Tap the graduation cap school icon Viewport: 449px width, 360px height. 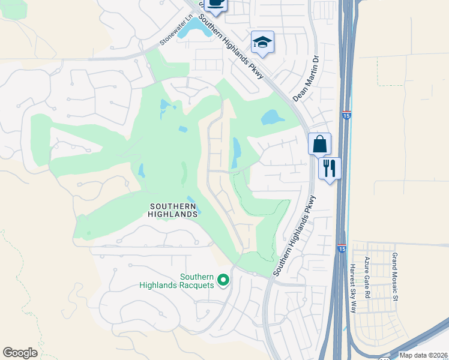(x=262, y=41)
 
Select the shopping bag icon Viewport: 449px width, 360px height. (x=320, y=144)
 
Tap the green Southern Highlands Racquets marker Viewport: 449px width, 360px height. (x=223, y=280)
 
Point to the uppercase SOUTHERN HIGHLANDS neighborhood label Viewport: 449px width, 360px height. (x=173, y=210)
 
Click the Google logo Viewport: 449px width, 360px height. (x=20, y=353)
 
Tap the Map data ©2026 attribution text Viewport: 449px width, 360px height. (x=423, y=355)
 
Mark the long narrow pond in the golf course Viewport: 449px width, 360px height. (x=236, y=153)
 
